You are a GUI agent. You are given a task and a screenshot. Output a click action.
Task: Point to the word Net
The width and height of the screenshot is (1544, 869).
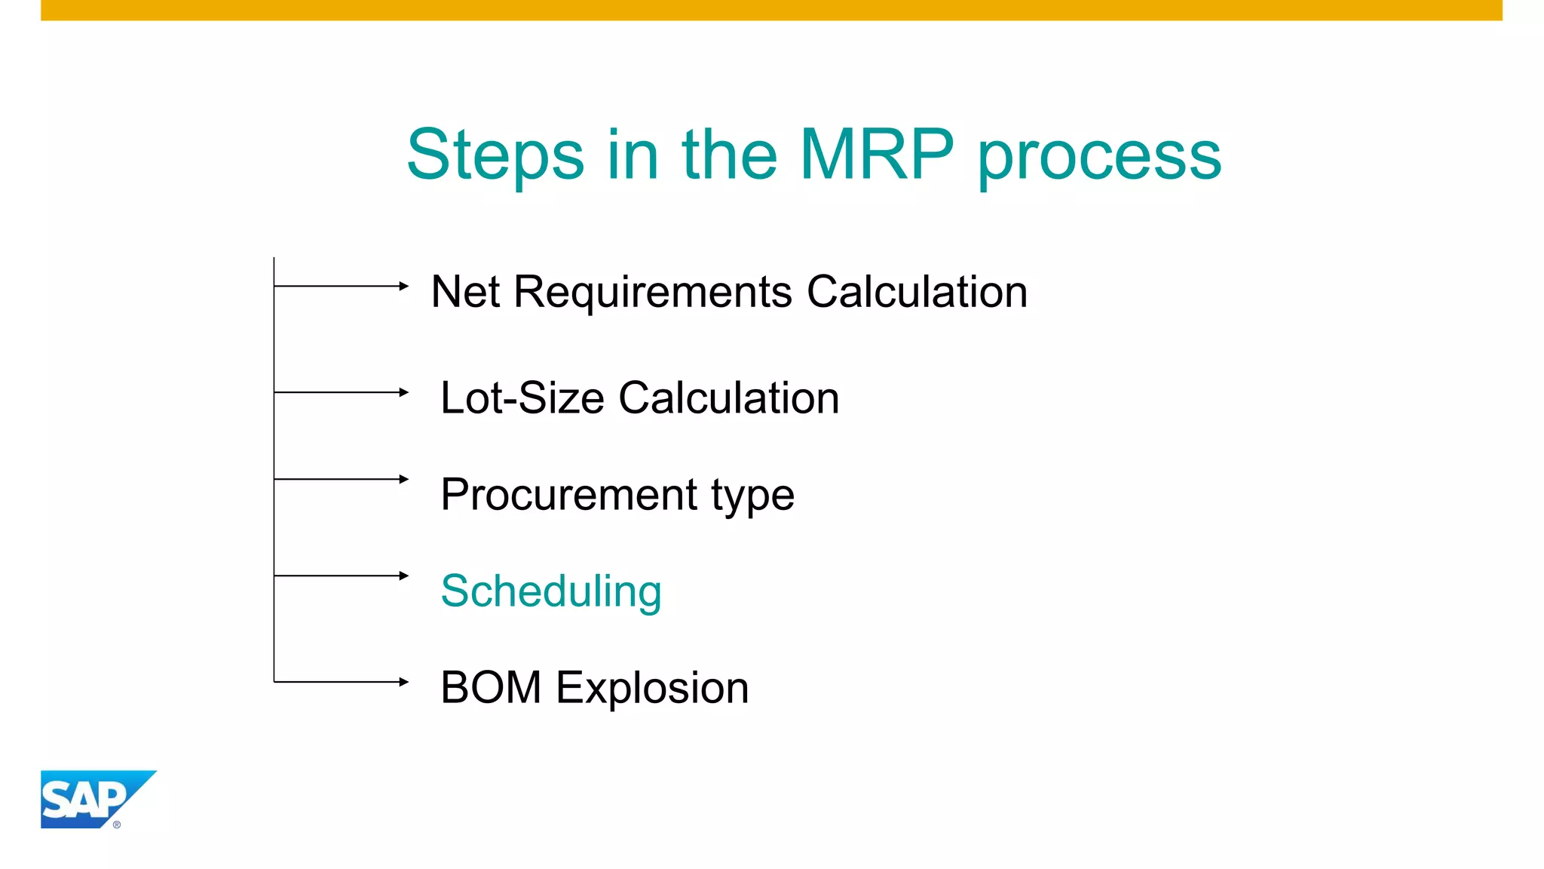click(464, 292)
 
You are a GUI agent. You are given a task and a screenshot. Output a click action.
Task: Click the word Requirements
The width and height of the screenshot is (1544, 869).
click(652, 293)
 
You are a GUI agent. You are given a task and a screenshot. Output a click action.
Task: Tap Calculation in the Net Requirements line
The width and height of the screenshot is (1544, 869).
click(917, 292)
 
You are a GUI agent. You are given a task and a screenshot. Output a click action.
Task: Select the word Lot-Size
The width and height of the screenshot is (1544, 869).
click(522, 398)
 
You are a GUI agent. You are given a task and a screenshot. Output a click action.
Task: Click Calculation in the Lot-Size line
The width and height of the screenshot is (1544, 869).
click(728, 398)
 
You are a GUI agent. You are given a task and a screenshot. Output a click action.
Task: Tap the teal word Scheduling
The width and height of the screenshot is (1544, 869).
click(551, 592)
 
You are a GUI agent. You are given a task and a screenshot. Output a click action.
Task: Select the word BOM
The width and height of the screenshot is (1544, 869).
click(491, 688)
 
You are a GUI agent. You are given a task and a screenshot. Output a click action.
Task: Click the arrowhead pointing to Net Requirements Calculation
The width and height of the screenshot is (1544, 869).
click(404, 286)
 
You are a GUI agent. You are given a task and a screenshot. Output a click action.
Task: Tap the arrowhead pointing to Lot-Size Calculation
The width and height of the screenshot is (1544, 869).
click(404, 392)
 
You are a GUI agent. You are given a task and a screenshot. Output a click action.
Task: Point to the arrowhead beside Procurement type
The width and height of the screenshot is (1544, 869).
click(404, 479)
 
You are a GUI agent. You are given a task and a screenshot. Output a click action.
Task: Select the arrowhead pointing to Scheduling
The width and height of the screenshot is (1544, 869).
click(404, 576)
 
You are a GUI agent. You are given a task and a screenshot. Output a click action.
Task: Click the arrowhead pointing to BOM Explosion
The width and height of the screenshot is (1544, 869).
click(404, 682)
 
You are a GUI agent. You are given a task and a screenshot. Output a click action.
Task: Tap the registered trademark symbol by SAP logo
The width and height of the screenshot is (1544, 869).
click(117, 824)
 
